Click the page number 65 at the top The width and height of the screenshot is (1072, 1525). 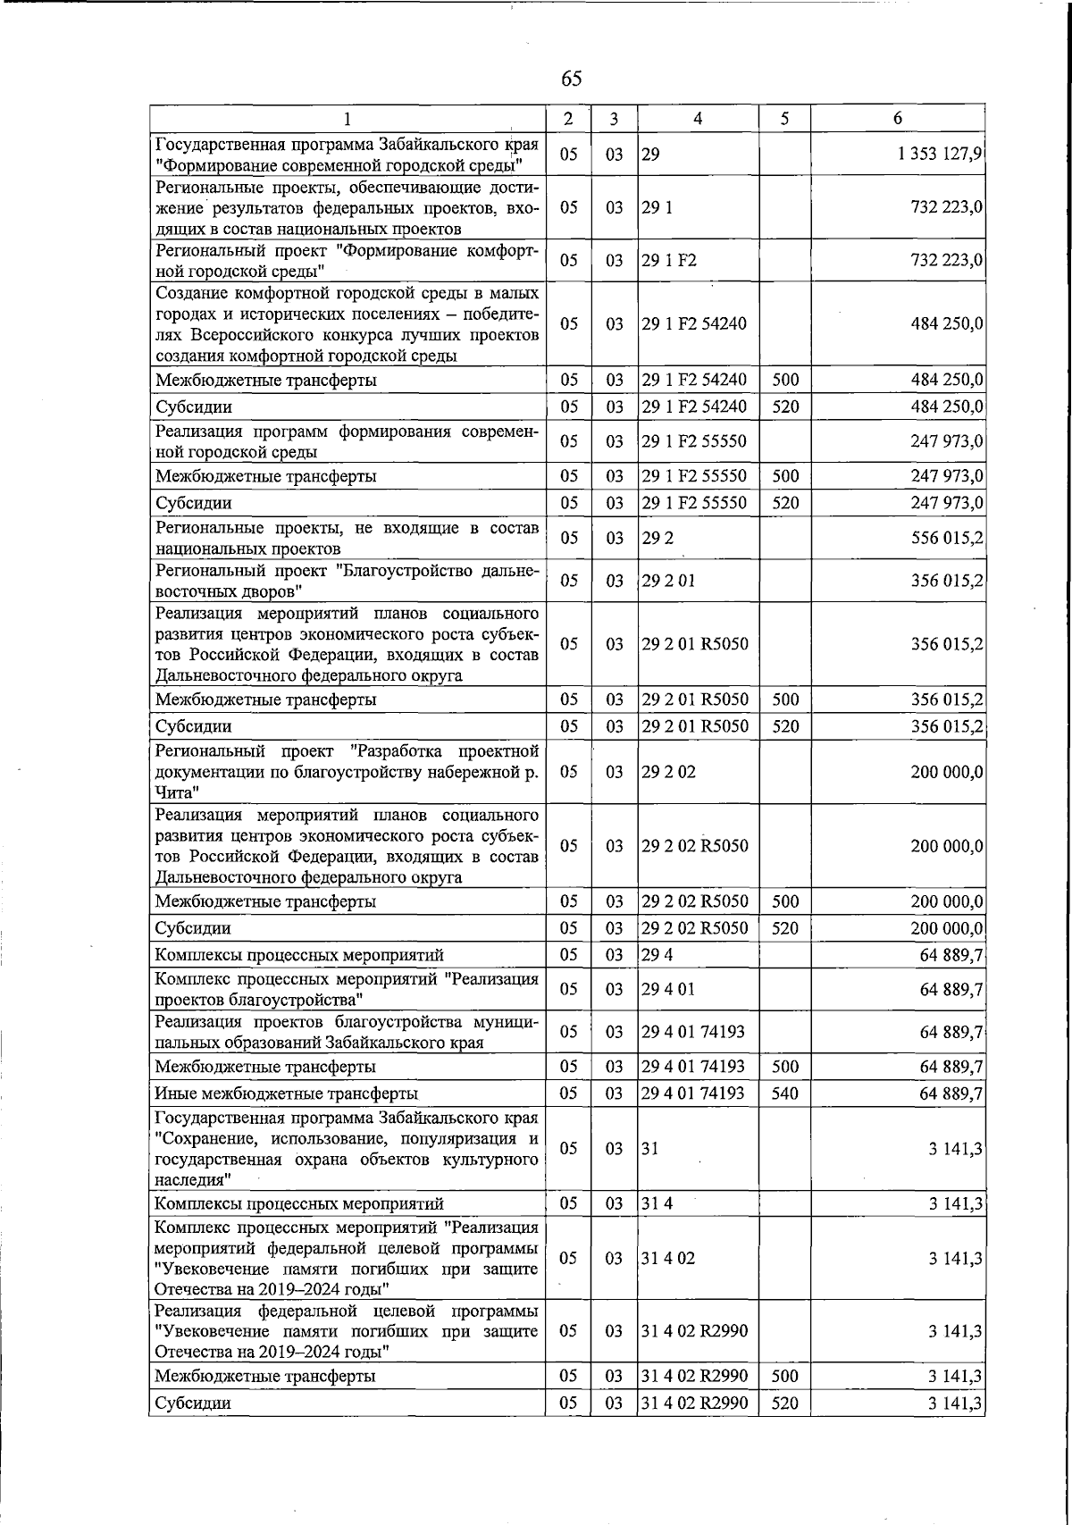point(572,79)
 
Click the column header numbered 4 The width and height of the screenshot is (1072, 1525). point(698,119)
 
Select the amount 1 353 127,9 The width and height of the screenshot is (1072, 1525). point(941,154)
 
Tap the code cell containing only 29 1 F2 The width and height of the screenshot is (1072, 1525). point(669,261)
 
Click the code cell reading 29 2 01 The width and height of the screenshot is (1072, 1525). point(668,581)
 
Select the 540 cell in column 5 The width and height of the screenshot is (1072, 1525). point(785,1093)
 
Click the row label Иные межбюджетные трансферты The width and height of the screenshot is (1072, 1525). point(286,1093)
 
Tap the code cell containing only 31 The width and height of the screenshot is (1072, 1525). point(650,1149)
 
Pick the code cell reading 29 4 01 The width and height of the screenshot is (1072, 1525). point(668,989)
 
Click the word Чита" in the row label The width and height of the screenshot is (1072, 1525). point(177,792)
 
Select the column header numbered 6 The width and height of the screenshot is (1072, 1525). point(898,119)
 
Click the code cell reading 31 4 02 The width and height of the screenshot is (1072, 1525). point(668,1259)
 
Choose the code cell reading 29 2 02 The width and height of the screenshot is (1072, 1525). point(668,772)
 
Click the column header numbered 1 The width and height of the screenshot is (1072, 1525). point(348,119)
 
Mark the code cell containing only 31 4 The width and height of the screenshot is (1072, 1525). point(657,1204)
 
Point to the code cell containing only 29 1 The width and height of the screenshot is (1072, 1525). point(657,207)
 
